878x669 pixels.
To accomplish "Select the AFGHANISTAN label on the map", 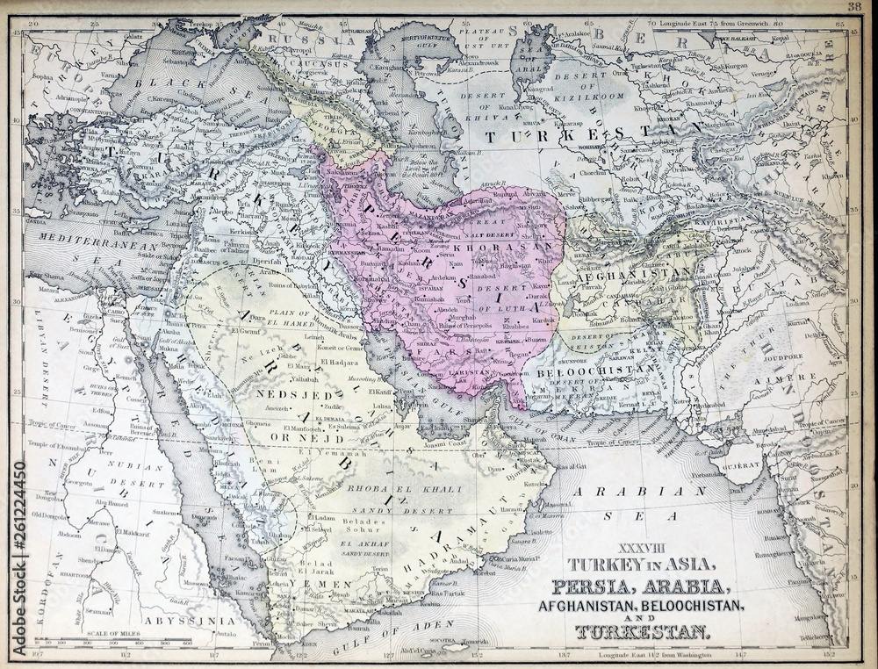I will point(634,273).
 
